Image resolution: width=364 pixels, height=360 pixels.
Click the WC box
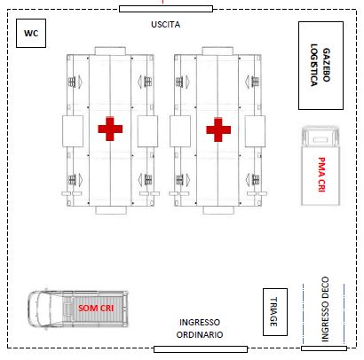pos(31,33)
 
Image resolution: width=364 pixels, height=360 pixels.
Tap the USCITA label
pos(166,25)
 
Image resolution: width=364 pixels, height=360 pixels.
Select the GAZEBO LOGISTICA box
pos(320,66)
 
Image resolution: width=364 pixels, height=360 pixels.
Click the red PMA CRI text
pos(321,175)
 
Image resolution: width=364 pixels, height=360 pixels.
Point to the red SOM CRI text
pos(96,309)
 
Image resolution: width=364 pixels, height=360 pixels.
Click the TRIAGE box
pos(275,312)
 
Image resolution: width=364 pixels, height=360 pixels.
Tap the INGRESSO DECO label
pos(325,309)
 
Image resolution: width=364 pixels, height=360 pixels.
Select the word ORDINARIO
pos(200,334)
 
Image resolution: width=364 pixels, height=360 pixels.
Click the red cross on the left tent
pos(110,129)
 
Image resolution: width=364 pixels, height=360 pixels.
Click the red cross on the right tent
pos(218,129)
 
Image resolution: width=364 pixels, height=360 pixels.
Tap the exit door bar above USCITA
pos(166,9)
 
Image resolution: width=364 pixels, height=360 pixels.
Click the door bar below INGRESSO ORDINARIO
pos(201,349)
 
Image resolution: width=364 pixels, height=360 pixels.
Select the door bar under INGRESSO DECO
pos(324,348)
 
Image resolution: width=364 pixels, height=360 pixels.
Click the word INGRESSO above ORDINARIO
pos(200,322)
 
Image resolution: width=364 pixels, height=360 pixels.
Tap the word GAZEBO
pos(326,65)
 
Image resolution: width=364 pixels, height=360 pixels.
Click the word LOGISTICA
pos(314,65)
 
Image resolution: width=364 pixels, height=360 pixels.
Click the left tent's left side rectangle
pos(73,131)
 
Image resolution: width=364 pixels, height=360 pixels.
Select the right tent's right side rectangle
pos(255,131)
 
